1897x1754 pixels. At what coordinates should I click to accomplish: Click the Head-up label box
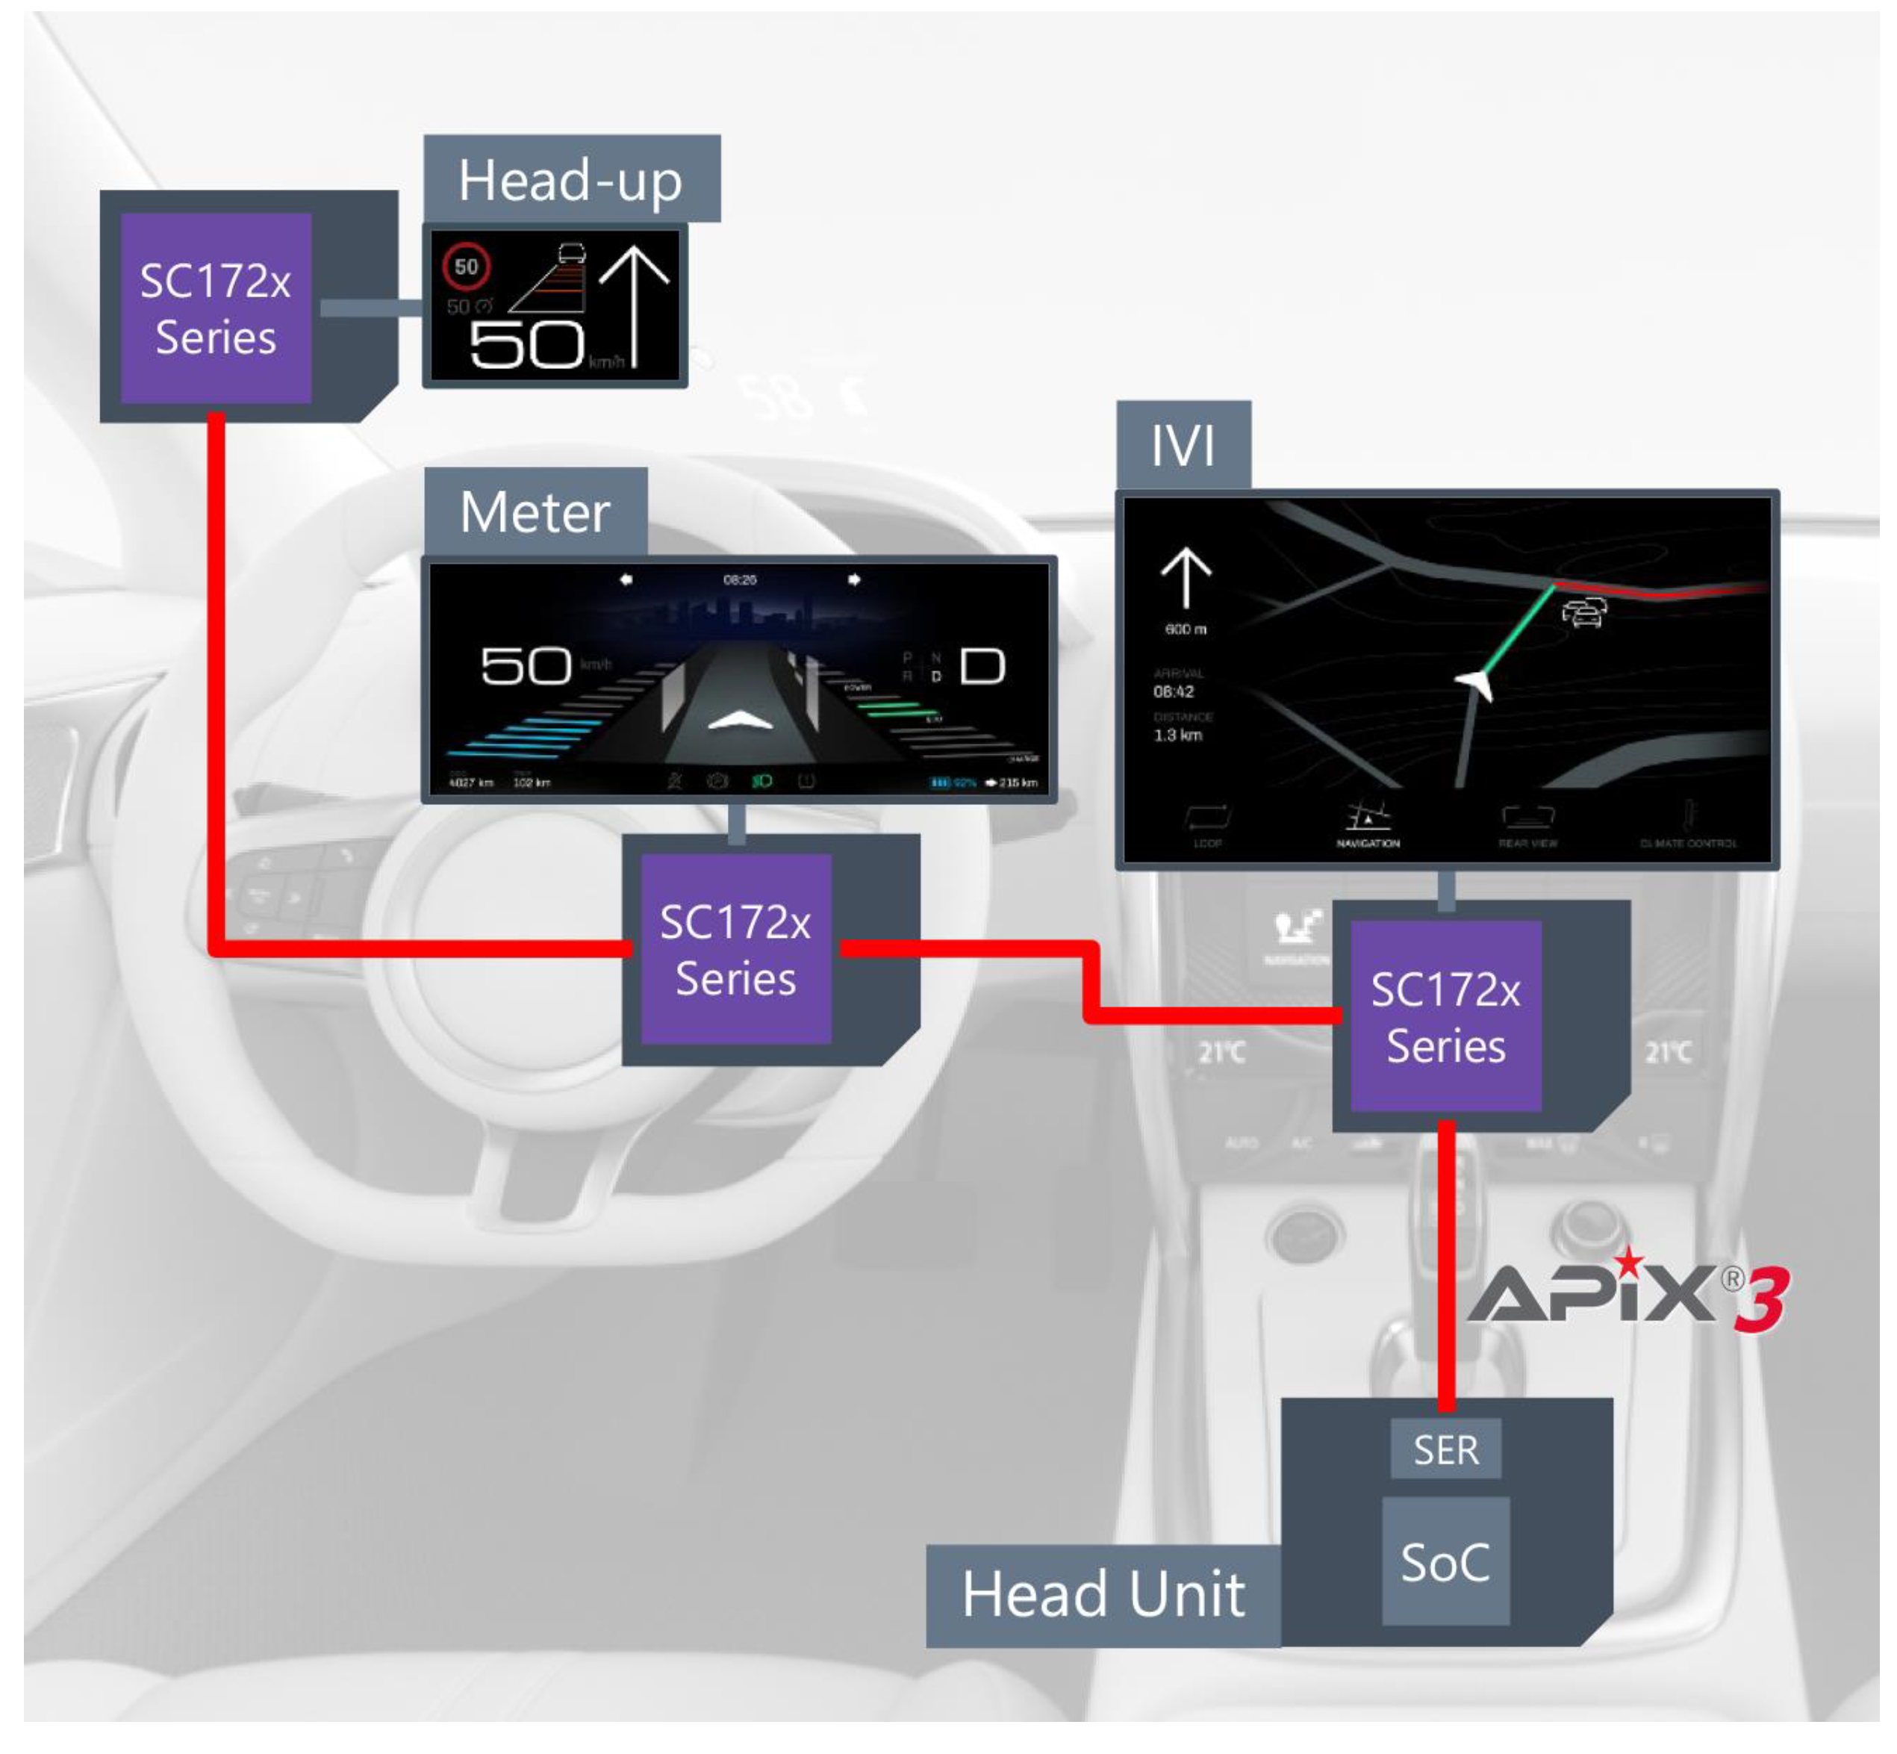(570, 178)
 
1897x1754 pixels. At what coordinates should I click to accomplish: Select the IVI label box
(1182, 444)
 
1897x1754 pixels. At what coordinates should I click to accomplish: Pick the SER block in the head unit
(1445, 1449)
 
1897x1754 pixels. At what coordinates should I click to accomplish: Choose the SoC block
(1445, 1561)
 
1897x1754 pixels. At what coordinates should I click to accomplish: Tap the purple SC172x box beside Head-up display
(216, 308)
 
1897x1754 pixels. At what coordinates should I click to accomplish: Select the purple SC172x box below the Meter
(735, 949)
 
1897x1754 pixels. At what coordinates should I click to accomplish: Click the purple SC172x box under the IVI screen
(1445, 1016)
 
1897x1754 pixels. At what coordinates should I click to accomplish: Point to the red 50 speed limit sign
(466, 267)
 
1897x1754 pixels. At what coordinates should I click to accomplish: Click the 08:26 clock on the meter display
(739, 579)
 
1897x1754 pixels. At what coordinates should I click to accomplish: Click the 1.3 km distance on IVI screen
(1177, 735)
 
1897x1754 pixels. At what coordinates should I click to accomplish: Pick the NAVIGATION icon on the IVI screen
(1368, 822)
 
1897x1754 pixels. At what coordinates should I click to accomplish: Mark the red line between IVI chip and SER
(1446, 1263)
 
